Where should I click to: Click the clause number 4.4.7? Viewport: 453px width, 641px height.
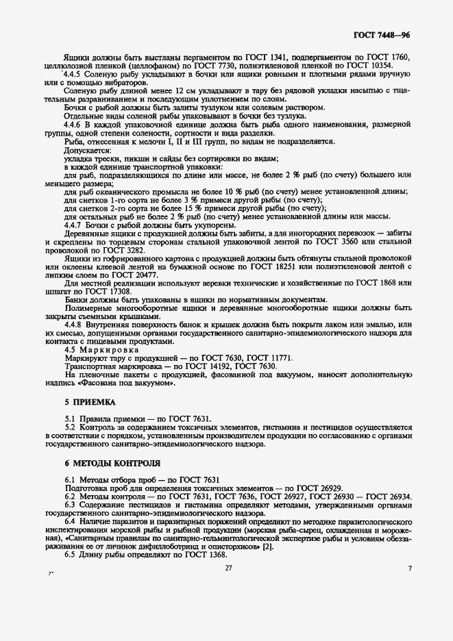coord(74,225)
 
